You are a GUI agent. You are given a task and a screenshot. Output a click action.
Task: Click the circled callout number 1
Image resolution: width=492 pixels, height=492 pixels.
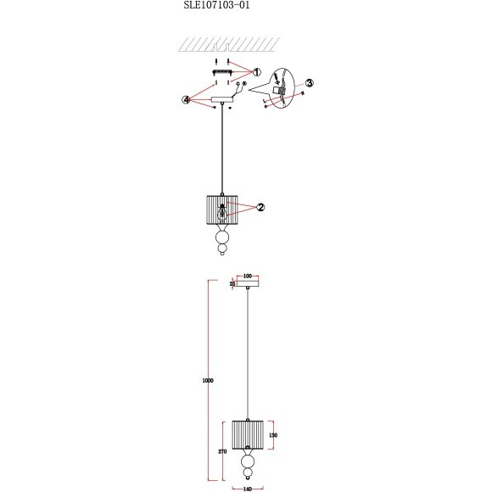[257, 73]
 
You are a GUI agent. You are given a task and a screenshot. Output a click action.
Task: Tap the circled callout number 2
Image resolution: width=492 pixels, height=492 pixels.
[261, 206]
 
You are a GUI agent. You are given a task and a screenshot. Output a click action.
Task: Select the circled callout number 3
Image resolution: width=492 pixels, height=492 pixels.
[310, 83]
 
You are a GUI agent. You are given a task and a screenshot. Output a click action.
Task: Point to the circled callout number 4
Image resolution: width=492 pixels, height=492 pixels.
[187, 99]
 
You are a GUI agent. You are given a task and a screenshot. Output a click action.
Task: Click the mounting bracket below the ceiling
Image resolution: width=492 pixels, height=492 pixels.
[222, 73]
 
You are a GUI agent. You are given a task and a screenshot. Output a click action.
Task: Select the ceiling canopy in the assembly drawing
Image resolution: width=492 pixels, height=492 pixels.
[222, 103]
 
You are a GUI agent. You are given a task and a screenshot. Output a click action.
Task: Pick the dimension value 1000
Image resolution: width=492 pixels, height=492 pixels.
[208, 381]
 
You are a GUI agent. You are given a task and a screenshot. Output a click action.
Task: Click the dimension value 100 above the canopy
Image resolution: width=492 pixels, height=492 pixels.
[248, 277]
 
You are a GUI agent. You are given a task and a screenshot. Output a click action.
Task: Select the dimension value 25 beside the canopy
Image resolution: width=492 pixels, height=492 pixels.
[232, 284]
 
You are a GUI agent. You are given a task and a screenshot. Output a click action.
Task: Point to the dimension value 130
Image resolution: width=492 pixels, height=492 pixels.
[273, 434]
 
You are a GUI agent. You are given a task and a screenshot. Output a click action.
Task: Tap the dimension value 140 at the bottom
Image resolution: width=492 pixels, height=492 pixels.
[248, 489]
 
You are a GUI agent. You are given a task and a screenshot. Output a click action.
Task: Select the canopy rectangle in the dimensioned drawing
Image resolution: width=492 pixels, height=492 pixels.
[248, 284]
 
